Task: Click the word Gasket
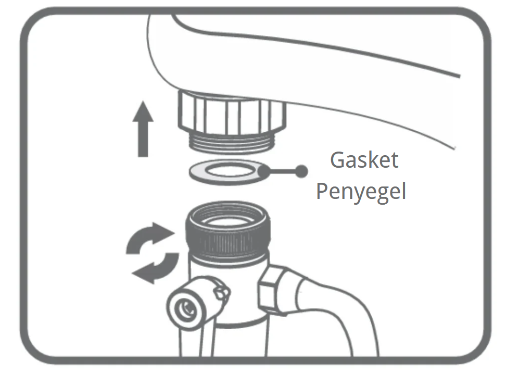(364, 160)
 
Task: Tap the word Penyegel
(361, 192)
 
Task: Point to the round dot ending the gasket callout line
(301, 170)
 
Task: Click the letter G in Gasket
(338, 160)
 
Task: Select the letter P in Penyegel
(323, 192)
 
